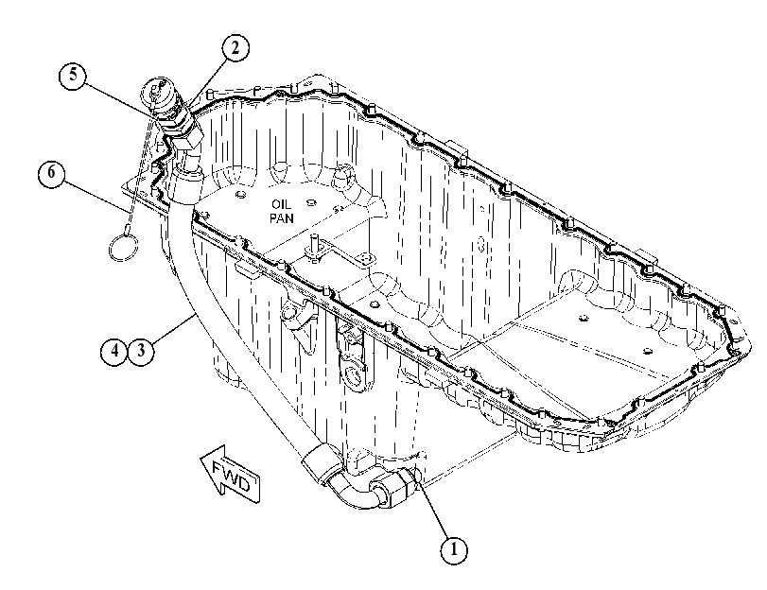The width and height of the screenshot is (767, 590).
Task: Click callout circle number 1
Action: tap(453, 550)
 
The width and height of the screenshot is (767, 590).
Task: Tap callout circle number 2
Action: tap(235, 48)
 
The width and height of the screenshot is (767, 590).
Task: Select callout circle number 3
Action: tap(141, 351)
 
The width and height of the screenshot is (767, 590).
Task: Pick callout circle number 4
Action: tap(114, 351)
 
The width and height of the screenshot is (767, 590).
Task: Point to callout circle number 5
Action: tap(73, 76)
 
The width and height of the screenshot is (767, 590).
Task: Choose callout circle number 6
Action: tap(51, 174)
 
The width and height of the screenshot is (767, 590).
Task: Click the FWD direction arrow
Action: tap(230, 475)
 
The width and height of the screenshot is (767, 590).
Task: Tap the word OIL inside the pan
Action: tap(282, 204)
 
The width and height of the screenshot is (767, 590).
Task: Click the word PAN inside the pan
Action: tap(282, 217)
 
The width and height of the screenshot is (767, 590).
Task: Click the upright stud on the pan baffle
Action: tap(314, 244)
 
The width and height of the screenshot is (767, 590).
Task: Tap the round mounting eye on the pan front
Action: tap(353, 373)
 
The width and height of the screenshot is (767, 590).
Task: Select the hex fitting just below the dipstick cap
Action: tap(188, 138)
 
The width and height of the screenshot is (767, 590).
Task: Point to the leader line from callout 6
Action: tap(95, 196)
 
